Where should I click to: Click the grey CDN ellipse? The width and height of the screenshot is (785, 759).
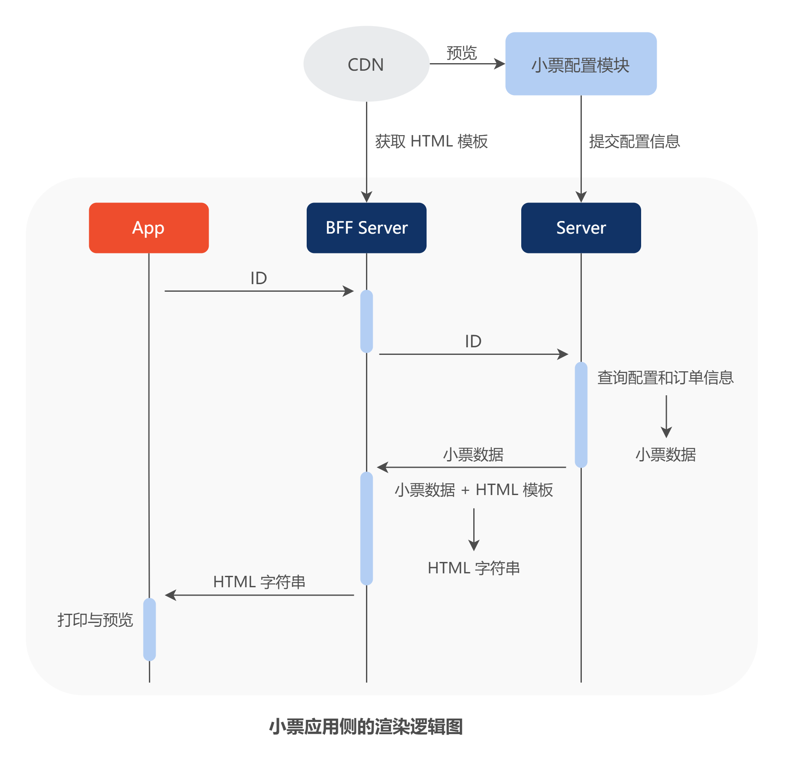pos(366,64)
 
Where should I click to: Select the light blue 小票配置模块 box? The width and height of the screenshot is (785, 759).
pos(581,64)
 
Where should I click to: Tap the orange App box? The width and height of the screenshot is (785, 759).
pos(149,228)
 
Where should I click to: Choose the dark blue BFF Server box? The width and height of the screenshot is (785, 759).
pos(366,228)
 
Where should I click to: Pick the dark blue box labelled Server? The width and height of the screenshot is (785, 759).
pos(581,228)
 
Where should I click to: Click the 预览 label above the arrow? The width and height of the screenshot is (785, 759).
pos(461,53)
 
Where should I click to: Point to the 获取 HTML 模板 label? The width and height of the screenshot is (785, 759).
pos(431,141)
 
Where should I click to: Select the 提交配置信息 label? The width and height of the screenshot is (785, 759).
pos(634,141)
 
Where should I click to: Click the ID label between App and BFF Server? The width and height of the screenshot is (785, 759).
pos(258,278)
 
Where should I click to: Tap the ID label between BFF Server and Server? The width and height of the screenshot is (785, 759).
pos(473,341)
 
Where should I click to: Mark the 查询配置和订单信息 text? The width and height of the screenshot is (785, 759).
pos(666,378)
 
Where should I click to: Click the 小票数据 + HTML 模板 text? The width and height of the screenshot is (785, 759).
pos(474,490)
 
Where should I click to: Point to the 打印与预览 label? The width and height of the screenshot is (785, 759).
pos(95,620)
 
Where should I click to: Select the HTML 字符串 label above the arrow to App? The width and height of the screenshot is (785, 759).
pos(259,582)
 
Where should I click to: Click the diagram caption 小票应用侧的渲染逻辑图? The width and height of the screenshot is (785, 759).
pos(366,727)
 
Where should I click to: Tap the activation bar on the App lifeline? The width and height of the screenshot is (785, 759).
pos(149,629)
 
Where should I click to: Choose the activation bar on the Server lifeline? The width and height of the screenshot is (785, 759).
pos(581,415)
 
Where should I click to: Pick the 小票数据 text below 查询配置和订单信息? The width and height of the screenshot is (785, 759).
pos(666,455)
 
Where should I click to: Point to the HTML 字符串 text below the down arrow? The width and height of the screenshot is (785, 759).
pos(474,568)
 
